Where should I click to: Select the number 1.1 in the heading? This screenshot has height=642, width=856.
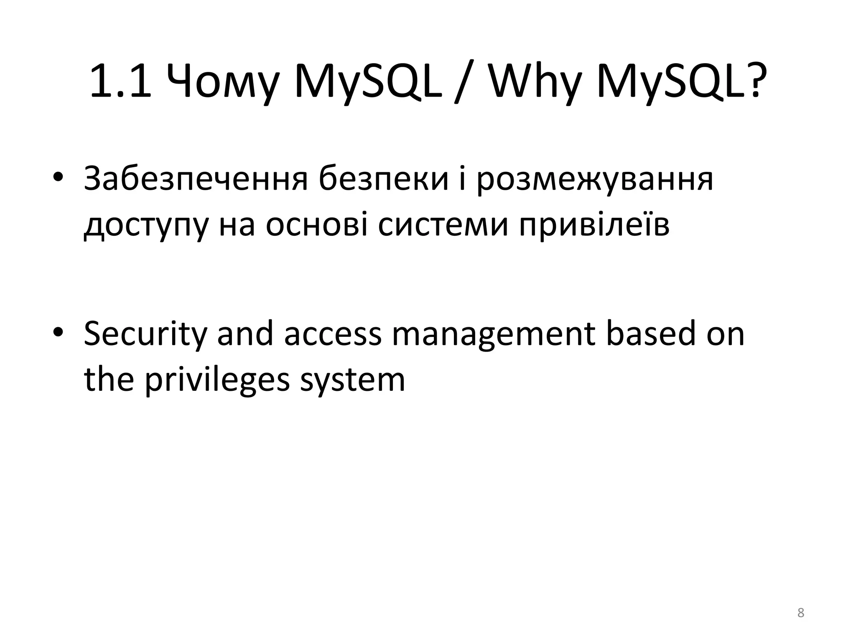[x=120, y=82]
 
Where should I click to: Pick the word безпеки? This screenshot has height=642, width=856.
[x=383, y=179]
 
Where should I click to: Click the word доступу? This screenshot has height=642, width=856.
[x=145, y=226]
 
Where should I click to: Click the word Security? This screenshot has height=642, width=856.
[x=145, y=334]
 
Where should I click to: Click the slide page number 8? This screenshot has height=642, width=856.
[x=800, y=613]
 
